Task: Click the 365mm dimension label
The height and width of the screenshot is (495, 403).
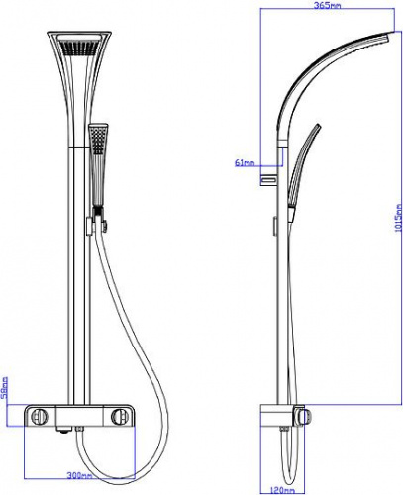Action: [327, 5]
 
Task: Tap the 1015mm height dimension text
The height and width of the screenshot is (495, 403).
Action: [398, 218]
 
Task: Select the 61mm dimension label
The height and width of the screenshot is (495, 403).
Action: [245, 162]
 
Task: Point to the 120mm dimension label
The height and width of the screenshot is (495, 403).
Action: [282, 490]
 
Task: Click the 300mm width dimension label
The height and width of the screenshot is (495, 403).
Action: [79, 475]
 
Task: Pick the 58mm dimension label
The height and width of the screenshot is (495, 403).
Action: [4, 387]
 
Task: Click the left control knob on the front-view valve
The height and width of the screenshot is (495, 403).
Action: [40, 417]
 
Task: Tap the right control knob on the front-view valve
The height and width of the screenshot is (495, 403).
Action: [118, 417]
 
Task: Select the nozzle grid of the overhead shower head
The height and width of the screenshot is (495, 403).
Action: [79, 48]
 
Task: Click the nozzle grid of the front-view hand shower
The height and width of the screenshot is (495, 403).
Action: [98, 141]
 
